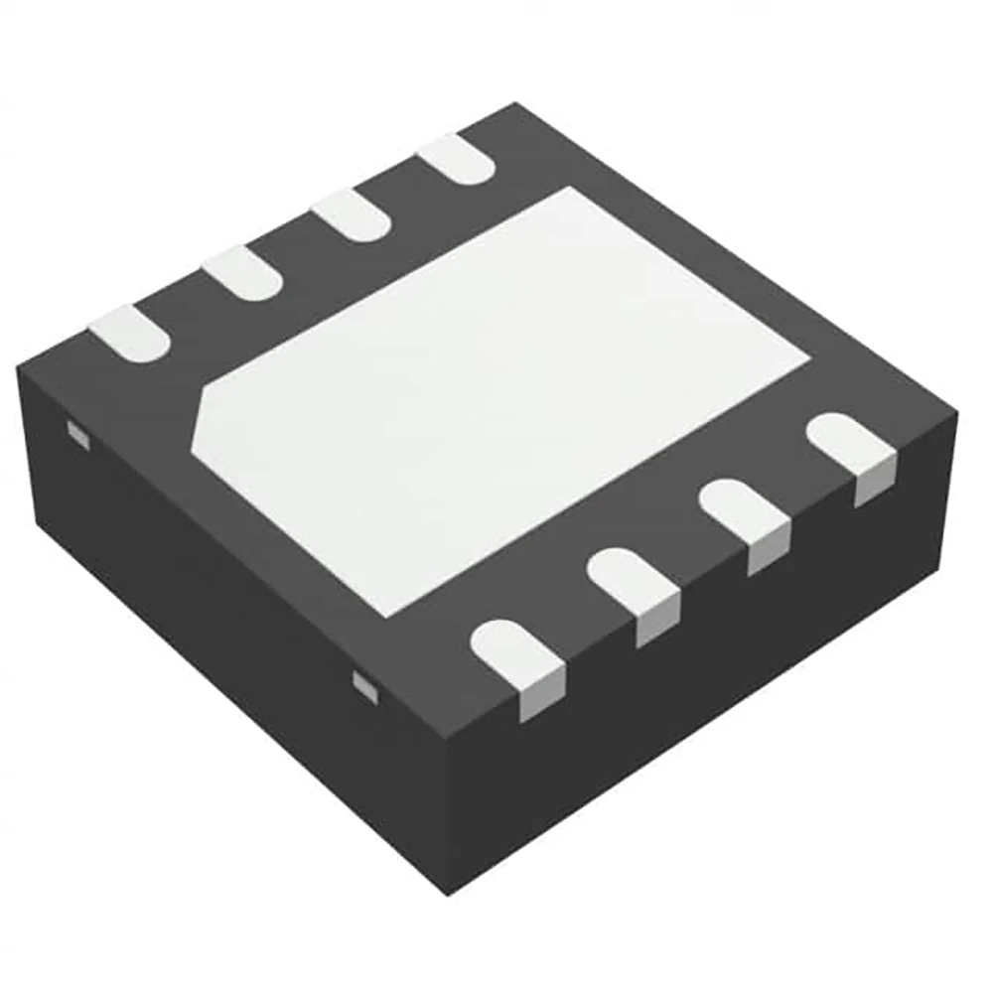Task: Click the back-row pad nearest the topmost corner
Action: coord(455,158)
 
